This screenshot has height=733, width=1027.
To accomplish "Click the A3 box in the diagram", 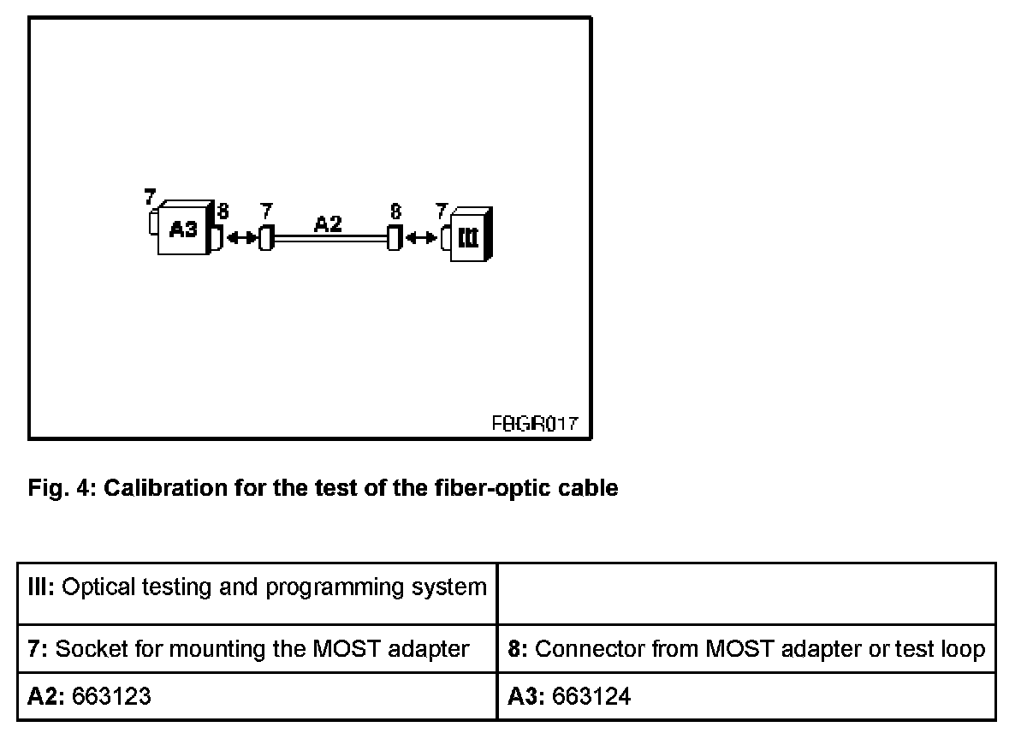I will tap(183, 229).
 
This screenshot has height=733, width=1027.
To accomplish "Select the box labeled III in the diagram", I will tap(468, 234).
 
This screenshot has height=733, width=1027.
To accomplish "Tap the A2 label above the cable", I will tap(328, 224).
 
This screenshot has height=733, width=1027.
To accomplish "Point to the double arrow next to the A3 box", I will tap(240, 237).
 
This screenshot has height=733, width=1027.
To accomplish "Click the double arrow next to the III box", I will tap(420, 237).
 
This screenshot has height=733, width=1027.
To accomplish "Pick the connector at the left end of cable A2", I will tap(265, 237).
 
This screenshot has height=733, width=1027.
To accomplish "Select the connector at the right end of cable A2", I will tap(394, 237).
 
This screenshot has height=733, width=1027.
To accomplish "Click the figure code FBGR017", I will tap(534, 423).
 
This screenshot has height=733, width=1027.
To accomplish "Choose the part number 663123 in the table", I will tap(111, 697).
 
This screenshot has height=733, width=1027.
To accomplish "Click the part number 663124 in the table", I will tap(591, 697).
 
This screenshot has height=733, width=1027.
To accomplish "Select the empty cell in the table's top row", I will tap(746, 593).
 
